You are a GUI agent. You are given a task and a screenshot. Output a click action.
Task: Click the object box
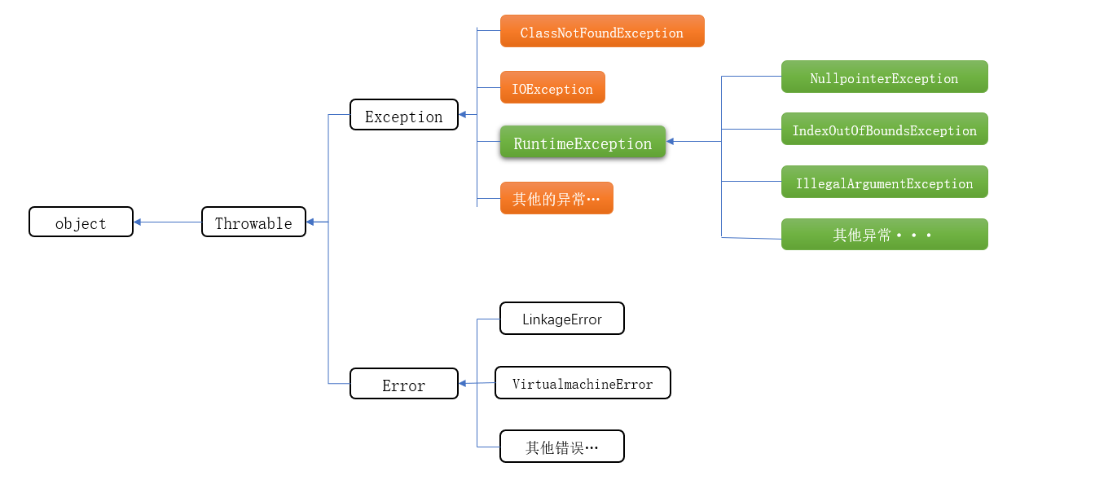(81, 222)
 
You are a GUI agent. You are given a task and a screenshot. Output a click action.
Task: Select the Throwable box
(253, 222)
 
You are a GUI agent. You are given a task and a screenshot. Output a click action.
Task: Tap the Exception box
(403, 115)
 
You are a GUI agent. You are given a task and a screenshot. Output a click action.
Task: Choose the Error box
(403, 384)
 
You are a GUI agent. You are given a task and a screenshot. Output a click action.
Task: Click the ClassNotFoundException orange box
(601, 31)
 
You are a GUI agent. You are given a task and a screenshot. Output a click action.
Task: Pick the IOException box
(552, 87)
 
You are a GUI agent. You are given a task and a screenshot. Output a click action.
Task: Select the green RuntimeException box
(583, 142)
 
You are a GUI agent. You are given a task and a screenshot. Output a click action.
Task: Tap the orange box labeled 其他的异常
(556, 198)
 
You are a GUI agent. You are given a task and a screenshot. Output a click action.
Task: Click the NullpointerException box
(884, 77)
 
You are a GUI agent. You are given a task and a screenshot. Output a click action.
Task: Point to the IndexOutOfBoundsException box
(884, 129)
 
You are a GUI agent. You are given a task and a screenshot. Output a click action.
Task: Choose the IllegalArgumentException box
(884, 182)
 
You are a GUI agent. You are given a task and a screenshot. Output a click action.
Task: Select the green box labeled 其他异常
(884, 235)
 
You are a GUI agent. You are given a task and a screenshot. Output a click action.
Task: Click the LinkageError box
(561, 319)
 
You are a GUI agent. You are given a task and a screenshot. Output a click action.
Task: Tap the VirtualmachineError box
(583, 383)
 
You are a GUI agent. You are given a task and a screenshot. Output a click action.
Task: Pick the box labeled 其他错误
(561, 447)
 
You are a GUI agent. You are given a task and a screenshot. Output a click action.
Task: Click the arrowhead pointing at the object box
(138, 222)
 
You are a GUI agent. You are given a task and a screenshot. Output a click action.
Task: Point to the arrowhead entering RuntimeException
(671, 142)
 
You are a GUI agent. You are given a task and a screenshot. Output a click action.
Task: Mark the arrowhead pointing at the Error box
(463, 383)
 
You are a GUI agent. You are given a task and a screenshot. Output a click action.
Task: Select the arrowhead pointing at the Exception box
(463, 115)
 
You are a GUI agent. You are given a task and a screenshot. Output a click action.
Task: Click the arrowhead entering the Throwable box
(310, 222)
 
